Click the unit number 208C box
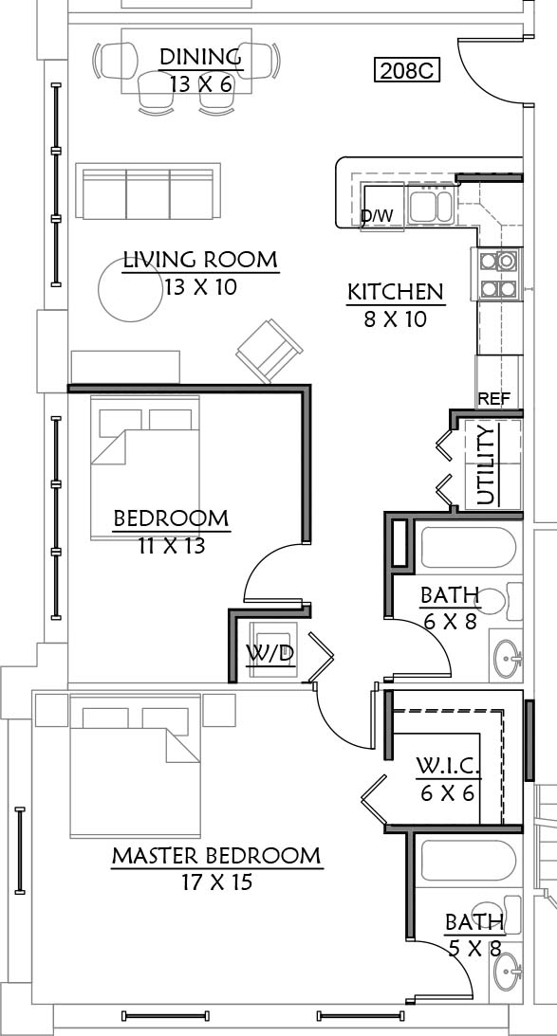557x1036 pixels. click(407, 70)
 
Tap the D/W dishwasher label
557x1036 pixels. click(377, 216)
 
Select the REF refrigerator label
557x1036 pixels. click(493, 399)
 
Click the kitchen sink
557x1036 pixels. click(430, 206)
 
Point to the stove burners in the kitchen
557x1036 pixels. click(497, 274)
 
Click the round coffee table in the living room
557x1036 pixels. click(130, 289)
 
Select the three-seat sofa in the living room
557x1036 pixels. click(147, 191)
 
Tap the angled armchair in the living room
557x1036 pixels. click(269, 351)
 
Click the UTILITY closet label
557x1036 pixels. click(486, 465)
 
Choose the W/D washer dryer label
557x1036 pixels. click(270, 653)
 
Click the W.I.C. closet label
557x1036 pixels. click(448, 767)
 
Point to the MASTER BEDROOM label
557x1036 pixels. click(215, 856)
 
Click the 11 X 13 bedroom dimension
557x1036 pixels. click(172, 546)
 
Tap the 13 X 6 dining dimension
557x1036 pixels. click(201, 84)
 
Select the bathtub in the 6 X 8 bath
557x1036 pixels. click(469, 547)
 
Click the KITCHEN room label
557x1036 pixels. click(396, 292)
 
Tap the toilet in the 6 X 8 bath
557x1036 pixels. click(500, 602)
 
